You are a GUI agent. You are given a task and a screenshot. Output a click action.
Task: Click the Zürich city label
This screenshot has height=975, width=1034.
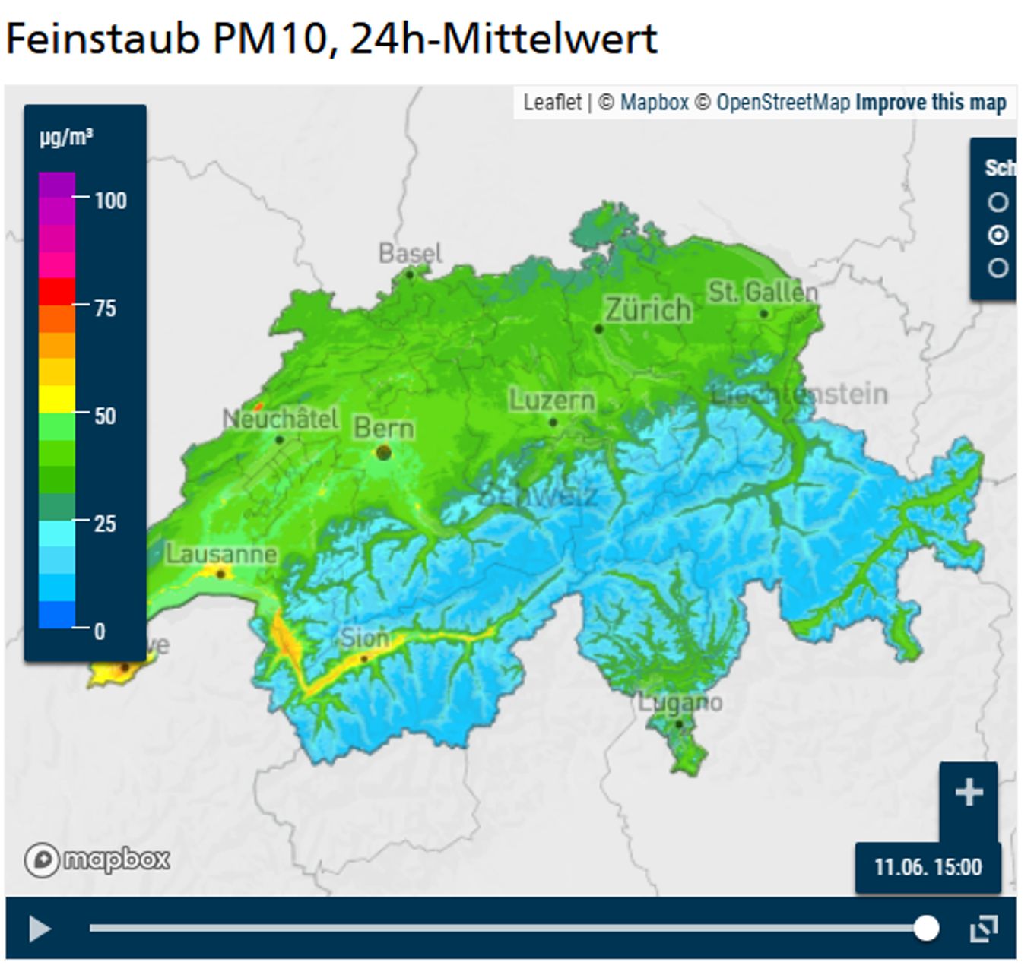click(648, 310)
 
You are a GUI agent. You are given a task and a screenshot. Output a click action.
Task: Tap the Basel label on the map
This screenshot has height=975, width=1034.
click(410, 253)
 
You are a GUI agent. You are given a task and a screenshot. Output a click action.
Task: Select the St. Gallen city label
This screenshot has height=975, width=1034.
click(763, 292)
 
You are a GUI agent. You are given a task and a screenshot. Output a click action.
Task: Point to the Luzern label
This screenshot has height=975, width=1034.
click(551, 400)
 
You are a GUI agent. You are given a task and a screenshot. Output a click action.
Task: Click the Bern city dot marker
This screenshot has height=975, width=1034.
click(384, 453)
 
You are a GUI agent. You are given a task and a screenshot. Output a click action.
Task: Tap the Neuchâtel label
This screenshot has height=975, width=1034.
click(280, 419)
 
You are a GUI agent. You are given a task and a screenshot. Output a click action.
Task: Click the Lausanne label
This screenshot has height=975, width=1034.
click(221, 554)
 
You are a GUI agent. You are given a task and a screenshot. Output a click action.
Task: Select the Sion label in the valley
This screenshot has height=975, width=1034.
click(365, 638)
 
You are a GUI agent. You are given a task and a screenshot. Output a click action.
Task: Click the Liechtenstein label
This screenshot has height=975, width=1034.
click(799, 394)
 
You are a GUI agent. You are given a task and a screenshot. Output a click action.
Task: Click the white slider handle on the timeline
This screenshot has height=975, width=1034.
click(925, 928)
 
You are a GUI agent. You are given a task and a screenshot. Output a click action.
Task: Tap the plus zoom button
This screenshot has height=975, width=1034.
click(968, 793)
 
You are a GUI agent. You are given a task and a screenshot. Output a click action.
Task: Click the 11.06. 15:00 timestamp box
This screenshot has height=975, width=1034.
click(928, 867)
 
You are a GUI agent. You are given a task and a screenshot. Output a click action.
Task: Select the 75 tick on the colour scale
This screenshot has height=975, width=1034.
click(105, 308)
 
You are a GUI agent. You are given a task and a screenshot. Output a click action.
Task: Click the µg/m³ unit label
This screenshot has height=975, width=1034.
click(67, 138)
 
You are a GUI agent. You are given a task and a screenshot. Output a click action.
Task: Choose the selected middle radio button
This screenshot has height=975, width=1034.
click(998, 236)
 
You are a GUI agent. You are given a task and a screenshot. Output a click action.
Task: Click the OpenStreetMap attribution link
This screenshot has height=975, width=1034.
click(782, 103)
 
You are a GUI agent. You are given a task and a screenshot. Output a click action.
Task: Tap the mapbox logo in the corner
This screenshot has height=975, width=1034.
click(97, 859)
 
